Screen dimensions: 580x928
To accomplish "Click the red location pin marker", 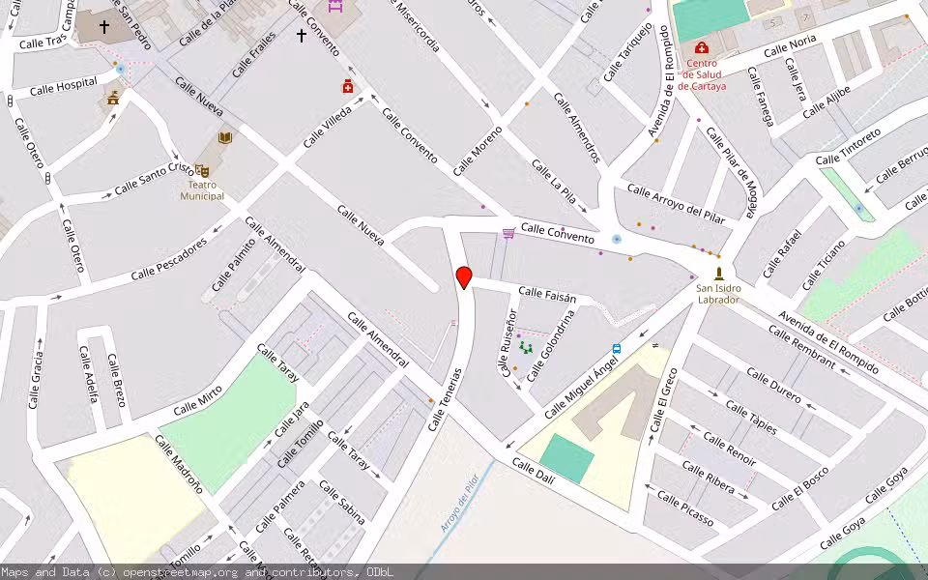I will click(464, 276).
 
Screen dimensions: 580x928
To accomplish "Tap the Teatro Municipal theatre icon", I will click(202, 170).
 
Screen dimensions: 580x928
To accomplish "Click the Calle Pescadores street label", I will click(169, 261).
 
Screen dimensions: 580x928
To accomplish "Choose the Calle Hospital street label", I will click(64, 88).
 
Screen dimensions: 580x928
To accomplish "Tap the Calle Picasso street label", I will click(685, 509).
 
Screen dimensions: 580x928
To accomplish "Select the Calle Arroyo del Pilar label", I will click(676, 202).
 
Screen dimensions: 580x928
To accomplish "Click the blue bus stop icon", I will click(617, 348).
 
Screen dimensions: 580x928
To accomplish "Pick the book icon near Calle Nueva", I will click(225, 138).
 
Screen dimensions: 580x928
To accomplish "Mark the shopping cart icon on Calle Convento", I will click(508, 233).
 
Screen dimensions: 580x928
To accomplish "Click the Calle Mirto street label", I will click(197, 400).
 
